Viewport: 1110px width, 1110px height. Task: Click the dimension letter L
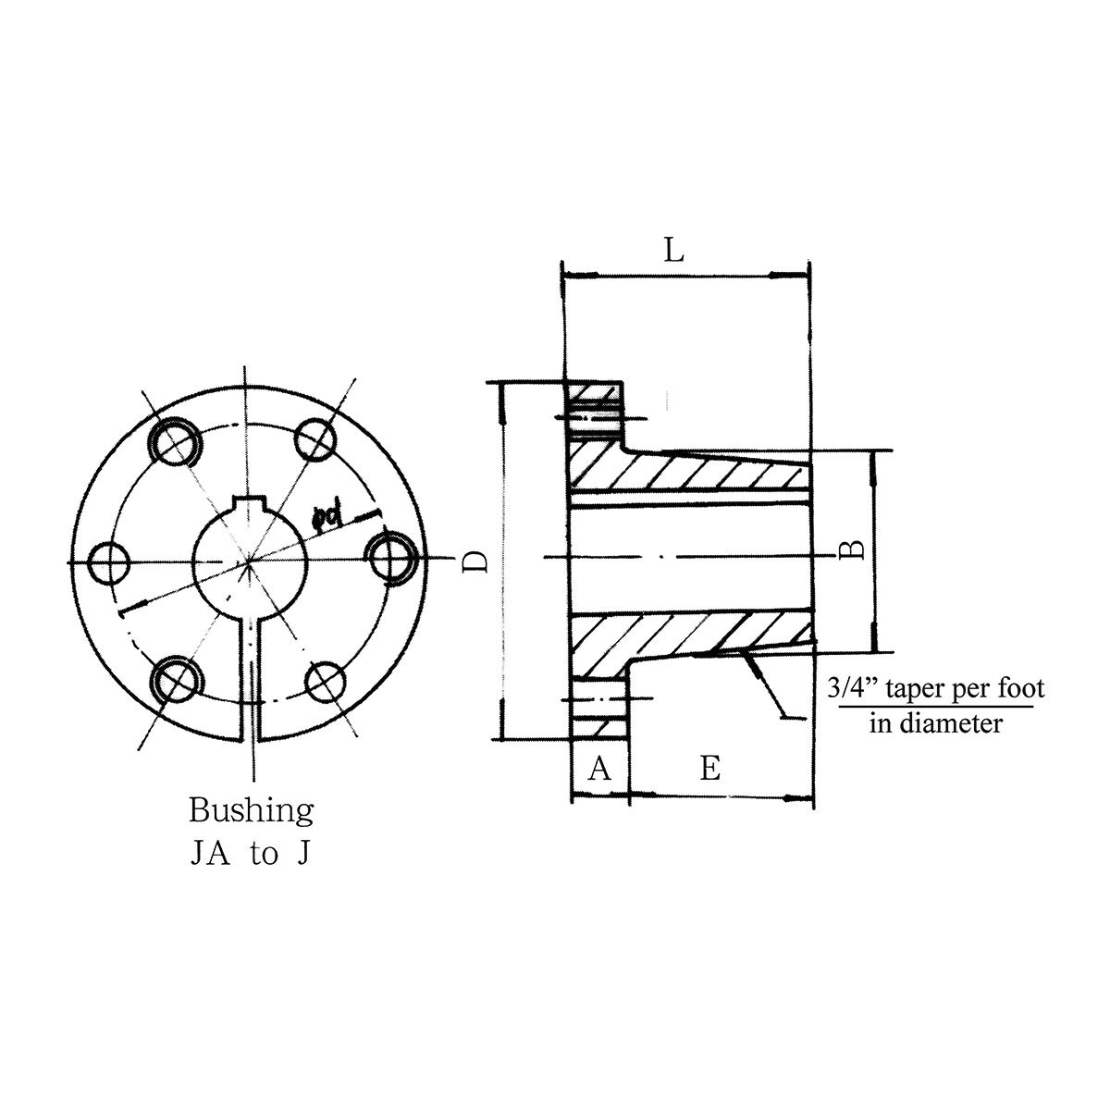[674, 250]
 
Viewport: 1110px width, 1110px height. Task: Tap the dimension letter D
[475, 561]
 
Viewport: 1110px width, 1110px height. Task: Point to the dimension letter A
[599, 768]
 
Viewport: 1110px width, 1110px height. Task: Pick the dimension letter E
[709, 768]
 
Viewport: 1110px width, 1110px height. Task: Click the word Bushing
[251, 811]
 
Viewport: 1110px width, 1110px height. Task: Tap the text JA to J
[250, 854]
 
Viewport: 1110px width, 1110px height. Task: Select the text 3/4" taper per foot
[933, 688]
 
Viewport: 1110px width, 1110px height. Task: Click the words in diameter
[935, 722]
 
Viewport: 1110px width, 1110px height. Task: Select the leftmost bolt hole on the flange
[111, 561]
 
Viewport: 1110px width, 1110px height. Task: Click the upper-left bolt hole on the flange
[175, 441]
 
